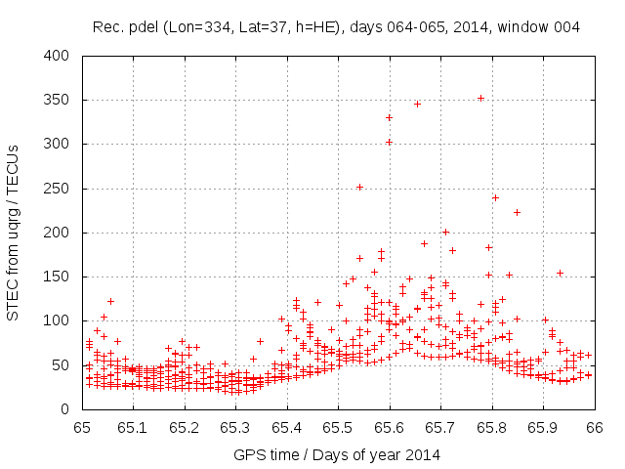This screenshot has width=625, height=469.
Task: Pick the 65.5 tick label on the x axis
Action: point(338,427)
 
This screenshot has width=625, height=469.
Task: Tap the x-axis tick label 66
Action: point(594,427)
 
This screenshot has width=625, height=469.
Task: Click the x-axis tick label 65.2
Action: point(185,427)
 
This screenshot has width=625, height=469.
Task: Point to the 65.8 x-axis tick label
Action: point(492,427)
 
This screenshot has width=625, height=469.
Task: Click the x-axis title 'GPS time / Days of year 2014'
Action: point(337,454)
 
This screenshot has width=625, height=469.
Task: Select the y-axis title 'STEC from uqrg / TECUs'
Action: point(14,232)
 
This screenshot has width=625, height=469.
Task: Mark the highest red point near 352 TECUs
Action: point(480,98)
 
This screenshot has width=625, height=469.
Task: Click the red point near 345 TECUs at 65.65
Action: point(417,104)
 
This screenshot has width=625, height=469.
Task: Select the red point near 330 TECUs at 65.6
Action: point(389,117)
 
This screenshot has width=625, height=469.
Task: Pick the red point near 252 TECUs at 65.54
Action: point(359,187)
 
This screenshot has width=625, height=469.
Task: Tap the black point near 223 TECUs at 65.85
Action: point(517,212)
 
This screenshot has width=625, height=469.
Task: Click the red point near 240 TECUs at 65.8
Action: point(495,197)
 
